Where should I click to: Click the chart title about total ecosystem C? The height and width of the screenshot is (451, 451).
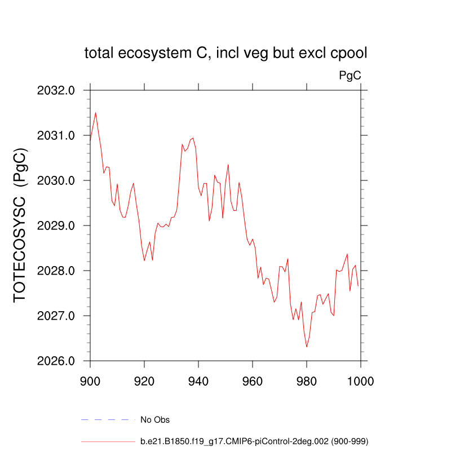[x=225, y=54]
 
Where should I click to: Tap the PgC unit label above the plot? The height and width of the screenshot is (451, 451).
[x=350, y=75]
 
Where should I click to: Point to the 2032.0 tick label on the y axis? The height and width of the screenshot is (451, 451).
[x=56, y=90]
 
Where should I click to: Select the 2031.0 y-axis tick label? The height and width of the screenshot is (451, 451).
[x=56, y=135]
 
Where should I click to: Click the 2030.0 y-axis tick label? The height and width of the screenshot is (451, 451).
[x=56, y=180]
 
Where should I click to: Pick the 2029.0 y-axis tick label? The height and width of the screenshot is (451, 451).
[x=56, y=225]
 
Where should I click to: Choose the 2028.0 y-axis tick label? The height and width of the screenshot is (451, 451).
[x=56, y=271]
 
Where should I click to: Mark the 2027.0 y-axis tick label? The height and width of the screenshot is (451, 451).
[x=56, y=316]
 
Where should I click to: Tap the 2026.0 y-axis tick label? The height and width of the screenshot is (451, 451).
[x=56, y=361]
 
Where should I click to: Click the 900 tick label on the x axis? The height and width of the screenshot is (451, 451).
[x=90, y=380]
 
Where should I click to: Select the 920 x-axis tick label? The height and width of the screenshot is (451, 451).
[x=144, y=380]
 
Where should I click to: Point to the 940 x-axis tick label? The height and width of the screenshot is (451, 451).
[x=198, y=380]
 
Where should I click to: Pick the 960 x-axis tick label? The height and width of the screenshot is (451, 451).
[x=253, y=380]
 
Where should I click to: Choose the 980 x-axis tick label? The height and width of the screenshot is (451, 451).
[x=307, y=380]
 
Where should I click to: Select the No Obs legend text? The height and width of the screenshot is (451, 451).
[x=155, y=420]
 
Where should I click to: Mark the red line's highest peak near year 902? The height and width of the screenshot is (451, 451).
[x=96, y=112]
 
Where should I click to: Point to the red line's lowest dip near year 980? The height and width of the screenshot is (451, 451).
[x=307, y=347]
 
